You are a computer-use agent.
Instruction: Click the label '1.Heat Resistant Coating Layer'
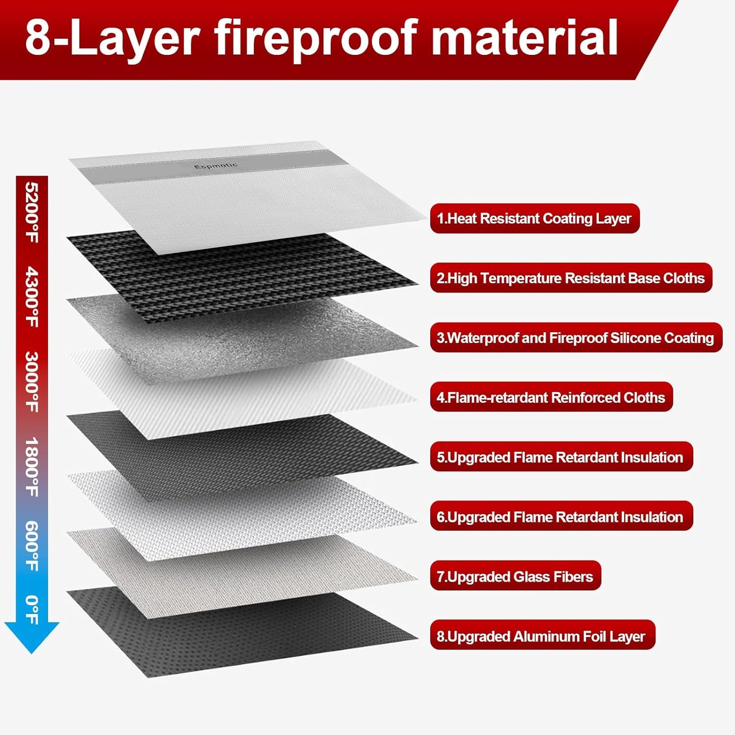[534, 219]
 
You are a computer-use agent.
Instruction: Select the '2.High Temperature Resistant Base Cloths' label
[571, 278]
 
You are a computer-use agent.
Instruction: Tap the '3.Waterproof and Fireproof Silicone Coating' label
[575, 338]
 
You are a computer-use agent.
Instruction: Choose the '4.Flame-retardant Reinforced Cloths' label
[551, 397]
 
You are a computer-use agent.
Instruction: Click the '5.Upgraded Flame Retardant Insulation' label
[561, 457]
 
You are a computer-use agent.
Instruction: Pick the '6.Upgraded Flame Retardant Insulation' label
[561, 517]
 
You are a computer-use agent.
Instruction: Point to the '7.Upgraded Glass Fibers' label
[515, 576]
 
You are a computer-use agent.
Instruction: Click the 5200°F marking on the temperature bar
[32, 213]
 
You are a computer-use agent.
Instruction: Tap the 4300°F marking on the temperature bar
[32, 297]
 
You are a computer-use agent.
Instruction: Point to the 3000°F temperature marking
[32, 381]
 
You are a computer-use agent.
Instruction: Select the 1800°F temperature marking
[32, 466]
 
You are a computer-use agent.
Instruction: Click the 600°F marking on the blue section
[32, 546]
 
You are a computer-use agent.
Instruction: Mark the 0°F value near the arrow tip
[32, 609]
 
